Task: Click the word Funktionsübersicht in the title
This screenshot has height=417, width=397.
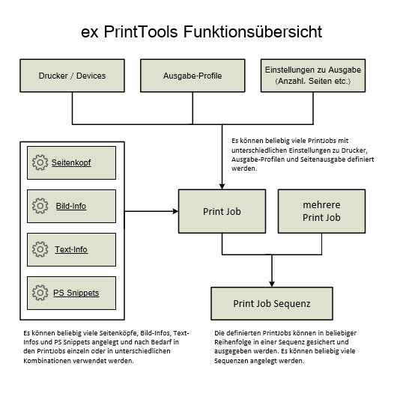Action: [252, 32]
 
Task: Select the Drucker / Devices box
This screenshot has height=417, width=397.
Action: [72, 76]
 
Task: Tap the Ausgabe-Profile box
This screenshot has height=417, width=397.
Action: [193, 76]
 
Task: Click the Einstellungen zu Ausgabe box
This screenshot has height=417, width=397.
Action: [313, 76]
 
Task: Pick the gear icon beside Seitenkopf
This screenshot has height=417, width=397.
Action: [40, 162]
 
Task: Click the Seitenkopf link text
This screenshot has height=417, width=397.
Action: [71, 162]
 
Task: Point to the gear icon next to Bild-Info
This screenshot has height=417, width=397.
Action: [40, 206]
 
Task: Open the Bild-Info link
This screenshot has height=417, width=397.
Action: [71, 206]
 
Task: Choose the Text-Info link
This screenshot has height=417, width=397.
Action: [71, 249]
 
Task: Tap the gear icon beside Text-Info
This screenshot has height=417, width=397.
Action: [40, 249]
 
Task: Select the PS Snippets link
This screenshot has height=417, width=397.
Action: [76, 293]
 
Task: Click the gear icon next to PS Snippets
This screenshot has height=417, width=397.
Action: [40, 293]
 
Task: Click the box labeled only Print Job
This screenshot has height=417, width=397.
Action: [222, 211]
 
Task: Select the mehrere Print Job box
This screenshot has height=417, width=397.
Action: [321, 211]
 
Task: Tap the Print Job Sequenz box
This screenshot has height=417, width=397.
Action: [272, 303]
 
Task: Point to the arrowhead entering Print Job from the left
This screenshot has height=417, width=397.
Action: [175, 211]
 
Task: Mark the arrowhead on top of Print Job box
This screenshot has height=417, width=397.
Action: [222, 186]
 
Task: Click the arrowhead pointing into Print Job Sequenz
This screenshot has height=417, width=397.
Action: [272, 284]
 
